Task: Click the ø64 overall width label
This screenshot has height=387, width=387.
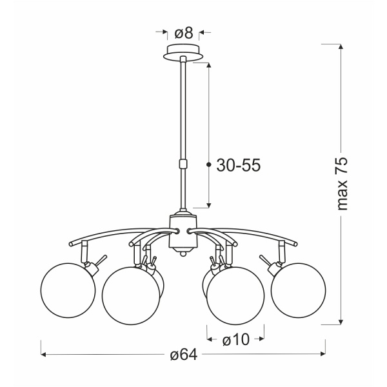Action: pos(183,355)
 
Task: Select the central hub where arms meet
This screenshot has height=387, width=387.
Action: pos(181,231)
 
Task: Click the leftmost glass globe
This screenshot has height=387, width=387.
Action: pos(65,289)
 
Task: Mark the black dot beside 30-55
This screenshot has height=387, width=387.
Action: pos(208,166)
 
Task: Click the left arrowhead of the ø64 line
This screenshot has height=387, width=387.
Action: pos(44,354)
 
